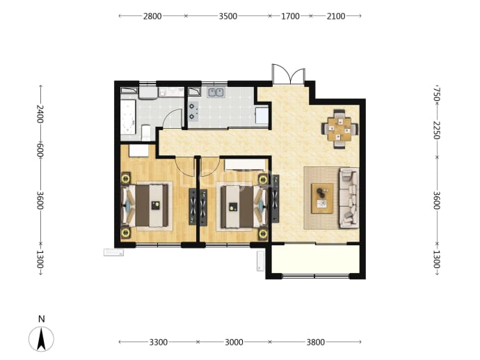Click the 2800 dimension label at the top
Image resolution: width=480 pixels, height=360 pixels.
click(152, 16)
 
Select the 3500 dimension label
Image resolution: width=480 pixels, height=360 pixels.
click(227, 16)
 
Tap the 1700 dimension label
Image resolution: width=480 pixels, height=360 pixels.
click(290, 16)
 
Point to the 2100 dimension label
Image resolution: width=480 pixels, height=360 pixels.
click(336, 16)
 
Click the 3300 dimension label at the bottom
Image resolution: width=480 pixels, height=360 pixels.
click(159, 342)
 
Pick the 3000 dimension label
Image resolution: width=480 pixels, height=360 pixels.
click(234, 342)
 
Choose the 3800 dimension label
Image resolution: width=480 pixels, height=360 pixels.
click(316, 342)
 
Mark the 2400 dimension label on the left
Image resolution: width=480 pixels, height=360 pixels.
click(40, 114)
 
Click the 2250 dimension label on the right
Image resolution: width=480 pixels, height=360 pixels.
click(437, 130)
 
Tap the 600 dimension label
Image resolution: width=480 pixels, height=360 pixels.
click(40, 150)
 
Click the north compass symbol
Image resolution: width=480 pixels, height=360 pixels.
click(41, 339)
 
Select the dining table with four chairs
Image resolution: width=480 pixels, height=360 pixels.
click(339, 129)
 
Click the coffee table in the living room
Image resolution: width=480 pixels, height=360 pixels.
click(322, 198)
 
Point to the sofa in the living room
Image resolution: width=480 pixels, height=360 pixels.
click(349, 198)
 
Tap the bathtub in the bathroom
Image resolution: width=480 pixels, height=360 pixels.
click(128, 117)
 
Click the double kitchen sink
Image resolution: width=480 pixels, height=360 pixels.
click(216, 92)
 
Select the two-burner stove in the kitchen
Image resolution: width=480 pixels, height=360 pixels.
click(193, 111)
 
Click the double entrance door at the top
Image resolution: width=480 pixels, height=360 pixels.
click(289, 74)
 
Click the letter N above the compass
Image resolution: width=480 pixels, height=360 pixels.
click(41, 319)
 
